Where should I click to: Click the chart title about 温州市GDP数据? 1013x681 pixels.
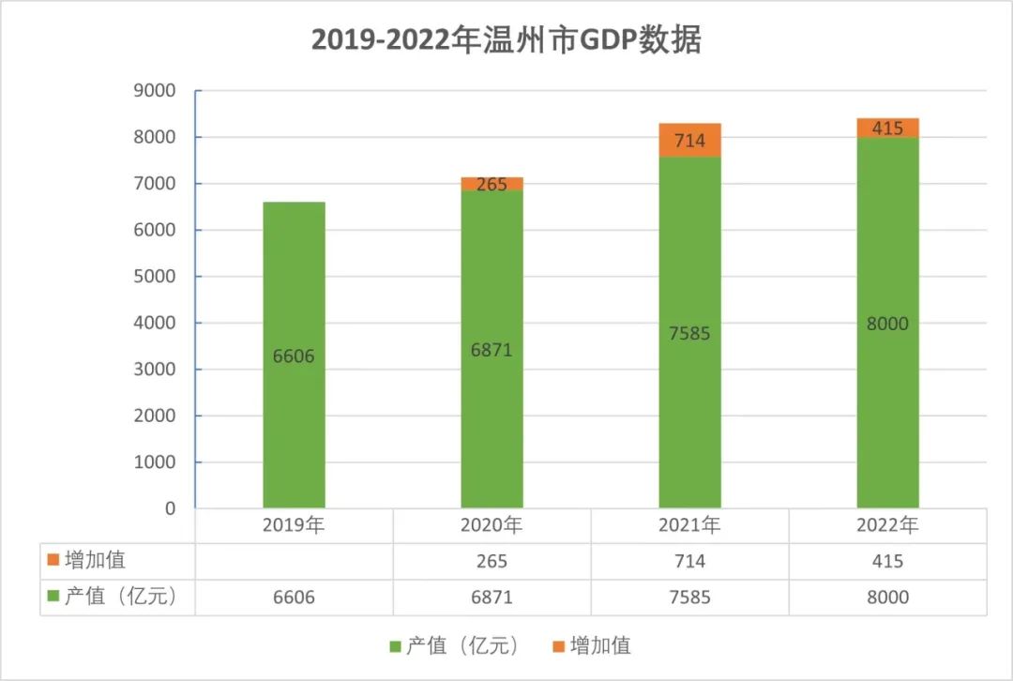(506, 41)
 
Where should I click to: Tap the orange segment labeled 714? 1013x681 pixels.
(690, 141)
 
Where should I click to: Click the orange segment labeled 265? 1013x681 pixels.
(491, 184)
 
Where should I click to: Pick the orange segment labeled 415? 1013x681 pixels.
(887, 128)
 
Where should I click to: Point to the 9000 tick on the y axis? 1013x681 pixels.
(156, 91)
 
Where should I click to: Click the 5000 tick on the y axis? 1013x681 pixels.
(156, 277)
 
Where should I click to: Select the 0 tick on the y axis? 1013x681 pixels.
(170, 508)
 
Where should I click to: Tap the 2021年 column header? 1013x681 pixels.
(689, 525)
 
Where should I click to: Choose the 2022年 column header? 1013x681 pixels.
(887, 525)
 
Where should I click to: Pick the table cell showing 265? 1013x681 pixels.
(491, 561)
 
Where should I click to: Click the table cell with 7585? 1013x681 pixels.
(689, 597)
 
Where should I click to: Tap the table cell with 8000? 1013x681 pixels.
(887, 597)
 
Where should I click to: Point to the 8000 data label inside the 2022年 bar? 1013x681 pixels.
(887, 324)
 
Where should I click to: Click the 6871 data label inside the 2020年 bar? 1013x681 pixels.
(491, 350)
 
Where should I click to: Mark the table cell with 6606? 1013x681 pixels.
(294, 597)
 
